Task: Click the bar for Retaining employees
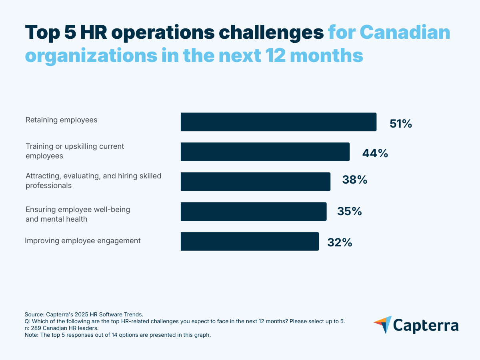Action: pyautogui.click(x=278, y=122)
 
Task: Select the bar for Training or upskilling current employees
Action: pyautogui.click(x=265, y=152)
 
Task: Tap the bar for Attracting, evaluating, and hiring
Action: pyautogui.click(x=255, y=182)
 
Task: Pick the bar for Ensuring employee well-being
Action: pyautogui.click(x=253, y=211)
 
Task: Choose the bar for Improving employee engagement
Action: pyautogui.click(x=250, y=241)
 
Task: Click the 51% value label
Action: pyautogui.click(x=400, y=124)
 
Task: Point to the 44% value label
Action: pyautogui.click(x=375, y=153)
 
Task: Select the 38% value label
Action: pyautogui.click(x=354, y=180)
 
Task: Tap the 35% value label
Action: pyautogui.click(x=349, y=211)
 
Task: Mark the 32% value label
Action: pyautogui.click(x=339, y=242)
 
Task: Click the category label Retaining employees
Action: pyautogui.click(x=61, y=120)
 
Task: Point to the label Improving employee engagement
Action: pyautogui.click(x=82, y=241)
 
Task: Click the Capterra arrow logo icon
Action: pyautogui.click(x=383, y=324)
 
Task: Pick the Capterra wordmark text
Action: pyautogui.click(x=426, y=325)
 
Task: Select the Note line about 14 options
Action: pyautogui.click(x=118, y=335)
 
